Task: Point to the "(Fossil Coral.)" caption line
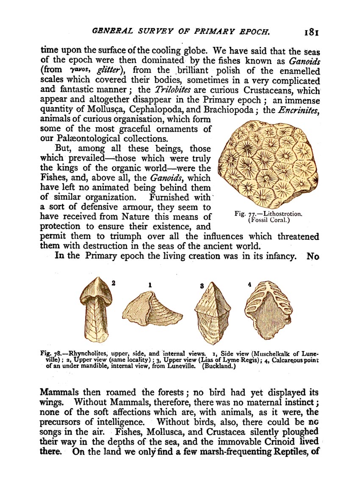pyautogui.click(x=269, y=220)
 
